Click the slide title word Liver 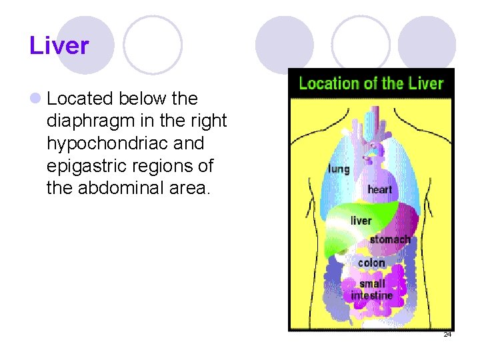click(59, 46)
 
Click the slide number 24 click(447, 334)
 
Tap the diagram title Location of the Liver click(371, 83)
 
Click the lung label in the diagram click(338, 169)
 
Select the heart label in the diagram click(379, 189)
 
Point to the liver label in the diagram click(361, 221)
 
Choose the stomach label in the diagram click(389, 239)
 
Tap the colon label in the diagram click(371, 263)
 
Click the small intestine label click(372, 289)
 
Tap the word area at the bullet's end click(193, 188)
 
